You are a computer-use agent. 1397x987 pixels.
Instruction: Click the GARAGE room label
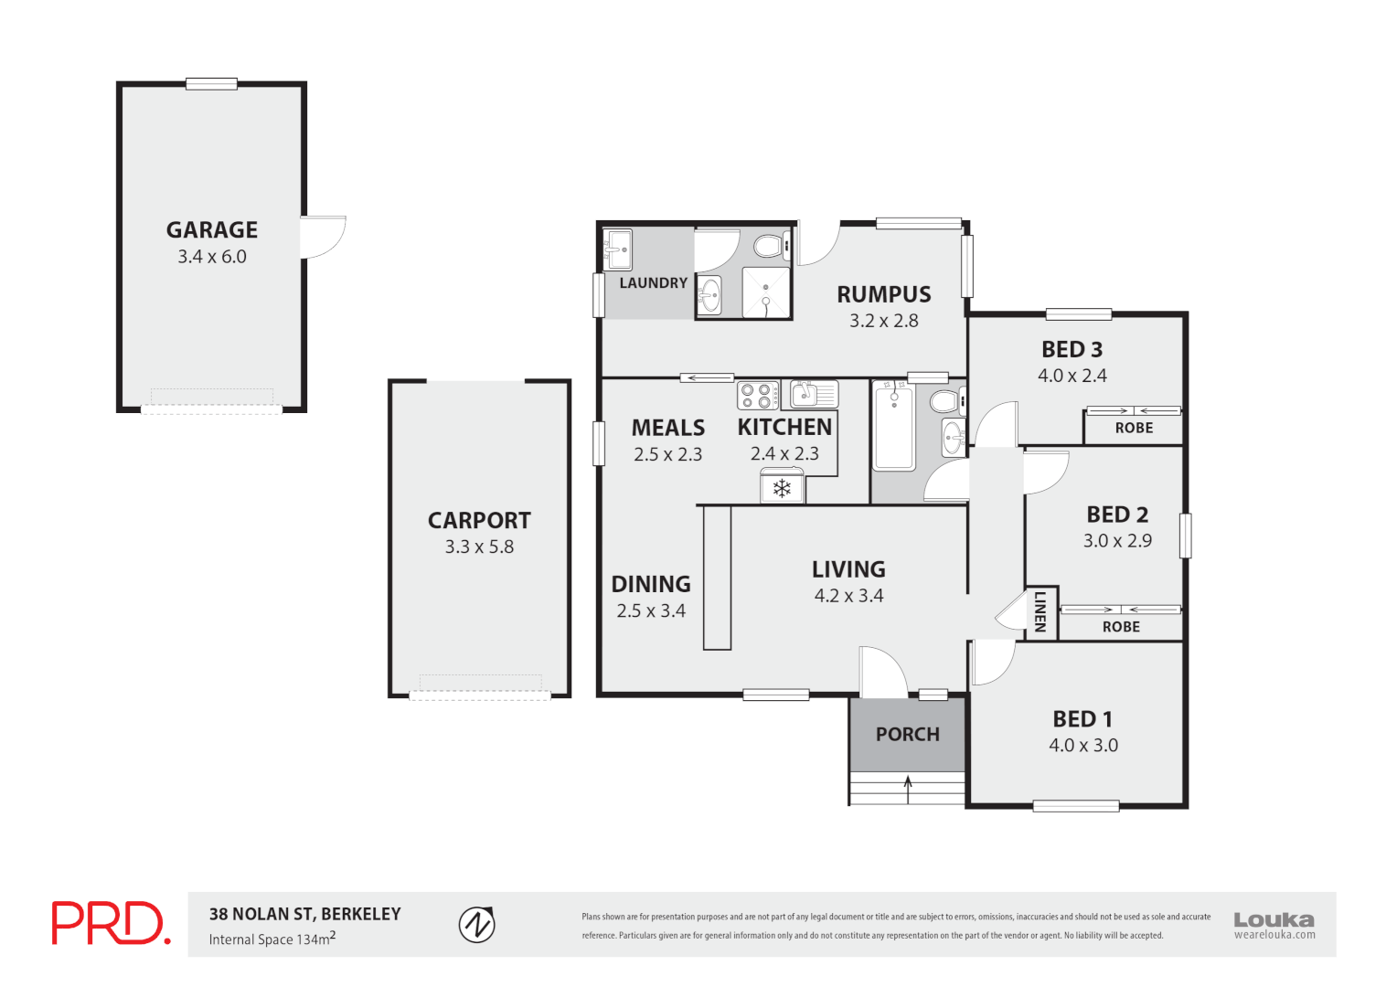(x=211, y=229)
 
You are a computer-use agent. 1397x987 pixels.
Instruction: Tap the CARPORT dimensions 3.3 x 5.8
(x=479, y=547)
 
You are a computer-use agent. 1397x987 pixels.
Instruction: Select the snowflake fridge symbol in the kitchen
(x=782, y=488)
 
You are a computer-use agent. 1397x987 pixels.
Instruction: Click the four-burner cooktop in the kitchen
(x=757, y=395)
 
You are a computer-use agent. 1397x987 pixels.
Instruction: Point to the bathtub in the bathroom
(x=893, y=427)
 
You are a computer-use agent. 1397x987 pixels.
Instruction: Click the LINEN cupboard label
(x=1040, y=612)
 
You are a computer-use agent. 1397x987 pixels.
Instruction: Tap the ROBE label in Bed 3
(x=1134, y=428)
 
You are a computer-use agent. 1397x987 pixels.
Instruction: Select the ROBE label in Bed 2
(x=1121, y=627)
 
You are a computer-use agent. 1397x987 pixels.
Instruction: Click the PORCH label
(x=907, y=734)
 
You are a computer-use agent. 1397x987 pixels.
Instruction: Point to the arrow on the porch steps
(x=908, y=788)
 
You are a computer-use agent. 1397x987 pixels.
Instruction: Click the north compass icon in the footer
(x=476, y=924)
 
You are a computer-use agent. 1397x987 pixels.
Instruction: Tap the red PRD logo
(x=110, y=923)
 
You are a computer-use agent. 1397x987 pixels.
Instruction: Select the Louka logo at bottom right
(x=1274, y=924)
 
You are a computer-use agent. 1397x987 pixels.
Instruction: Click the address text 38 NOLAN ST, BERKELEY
(x=304, y=914)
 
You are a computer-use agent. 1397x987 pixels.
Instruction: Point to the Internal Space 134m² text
(x=272, y=939)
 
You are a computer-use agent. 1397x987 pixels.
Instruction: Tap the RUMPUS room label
(x=883, y=294)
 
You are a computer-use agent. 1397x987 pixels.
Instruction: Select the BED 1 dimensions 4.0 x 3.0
(x=1082, y=745)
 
